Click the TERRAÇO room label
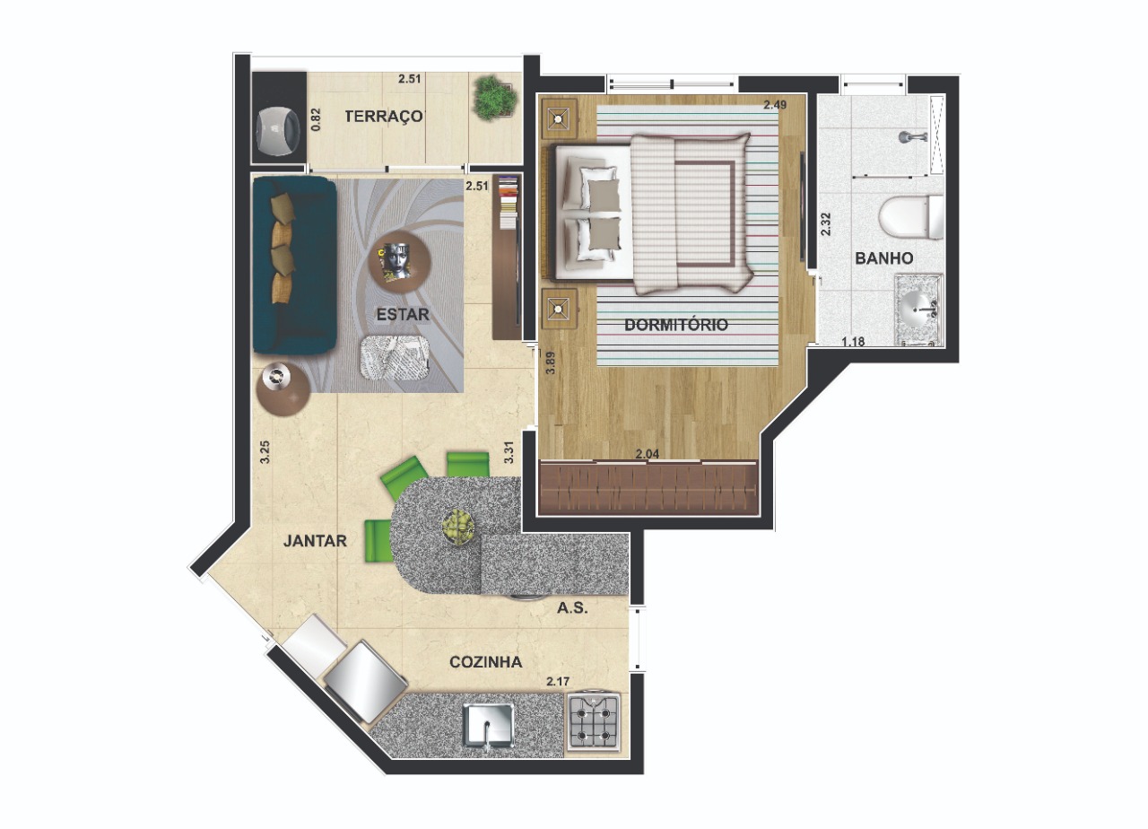(x=384, y=117)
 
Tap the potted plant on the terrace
(x=492, y=99)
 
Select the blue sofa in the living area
(x=294, y=266)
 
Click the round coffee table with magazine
(x=399, y=263)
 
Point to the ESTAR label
(x=403, y=314)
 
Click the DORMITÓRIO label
(x=676, y=325)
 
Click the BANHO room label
(x=884, y=258)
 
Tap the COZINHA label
(x=486, y=662)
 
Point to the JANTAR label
(x=315, y=541)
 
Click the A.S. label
(x=572, y=608)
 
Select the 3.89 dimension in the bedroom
(x=551, y=362)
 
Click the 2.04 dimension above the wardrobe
(x=648, y=454)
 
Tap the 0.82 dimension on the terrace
(x=317, y=118)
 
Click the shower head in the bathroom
(x=912, y=137)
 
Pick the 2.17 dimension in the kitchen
(x=558, y=682)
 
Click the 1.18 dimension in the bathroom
(x=853, y=342)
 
